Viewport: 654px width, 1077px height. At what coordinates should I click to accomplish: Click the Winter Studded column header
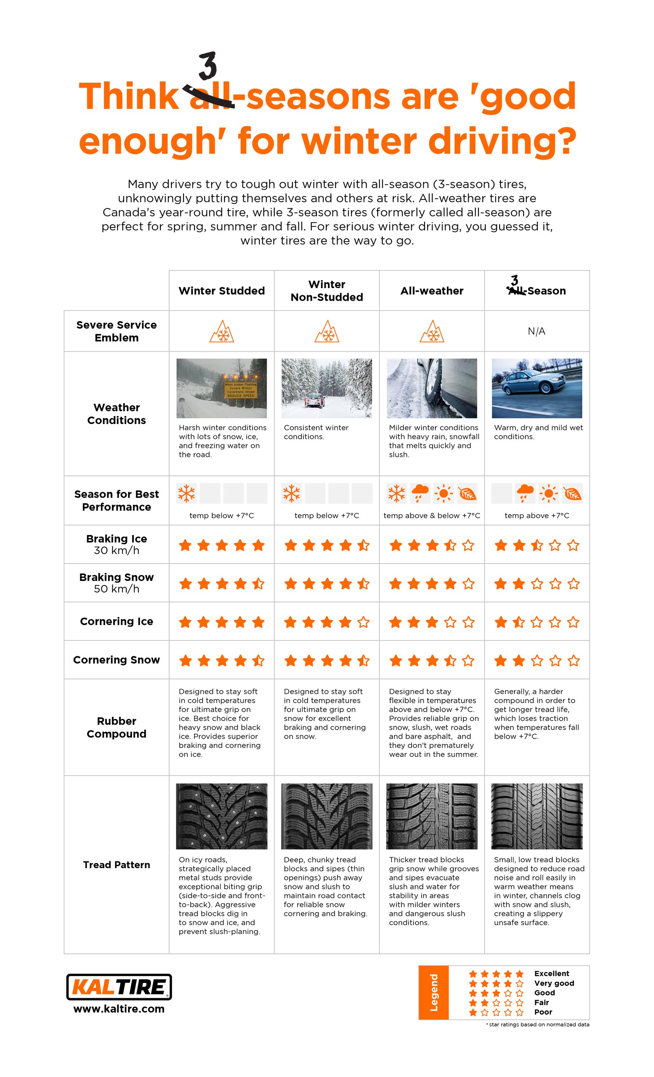[222, 291]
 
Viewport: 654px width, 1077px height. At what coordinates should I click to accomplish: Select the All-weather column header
[432, 291]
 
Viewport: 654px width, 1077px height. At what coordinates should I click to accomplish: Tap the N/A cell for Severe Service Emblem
[536, 331]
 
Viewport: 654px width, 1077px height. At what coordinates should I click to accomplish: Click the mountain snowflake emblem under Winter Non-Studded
[327, 331]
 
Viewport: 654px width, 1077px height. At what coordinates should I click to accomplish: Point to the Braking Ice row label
[116, 544]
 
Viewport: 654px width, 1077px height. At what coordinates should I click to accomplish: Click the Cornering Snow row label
[116, 660]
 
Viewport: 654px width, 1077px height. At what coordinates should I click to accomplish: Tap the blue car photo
[536, 388]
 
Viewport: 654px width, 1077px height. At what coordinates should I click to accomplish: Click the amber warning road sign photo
[222, 388]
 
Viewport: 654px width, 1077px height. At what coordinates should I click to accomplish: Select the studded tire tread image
[222, 816]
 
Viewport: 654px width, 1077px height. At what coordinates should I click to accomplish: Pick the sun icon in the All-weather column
[443, 494]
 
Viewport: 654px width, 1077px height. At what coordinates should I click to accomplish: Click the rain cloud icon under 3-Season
[524, 494]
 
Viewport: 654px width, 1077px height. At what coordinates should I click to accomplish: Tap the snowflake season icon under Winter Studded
[186, 494]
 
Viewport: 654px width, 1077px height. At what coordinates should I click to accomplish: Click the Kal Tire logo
[119, 987]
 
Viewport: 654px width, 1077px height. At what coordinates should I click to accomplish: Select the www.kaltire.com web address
[119, 1009]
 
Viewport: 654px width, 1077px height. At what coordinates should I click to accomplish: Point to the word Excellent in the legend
[551, 973]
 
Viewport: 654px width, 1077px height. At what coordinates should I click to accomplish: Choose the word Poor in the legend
[543, 1012]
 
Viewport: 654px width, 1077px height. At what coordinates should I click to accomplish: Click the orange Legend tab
[434, 992]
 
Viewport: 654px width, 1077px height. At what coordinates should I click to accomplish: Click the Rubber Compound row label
[116, 727]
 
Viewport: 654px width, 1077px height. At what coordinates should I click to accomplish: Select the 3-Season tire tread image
[536, 816]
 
